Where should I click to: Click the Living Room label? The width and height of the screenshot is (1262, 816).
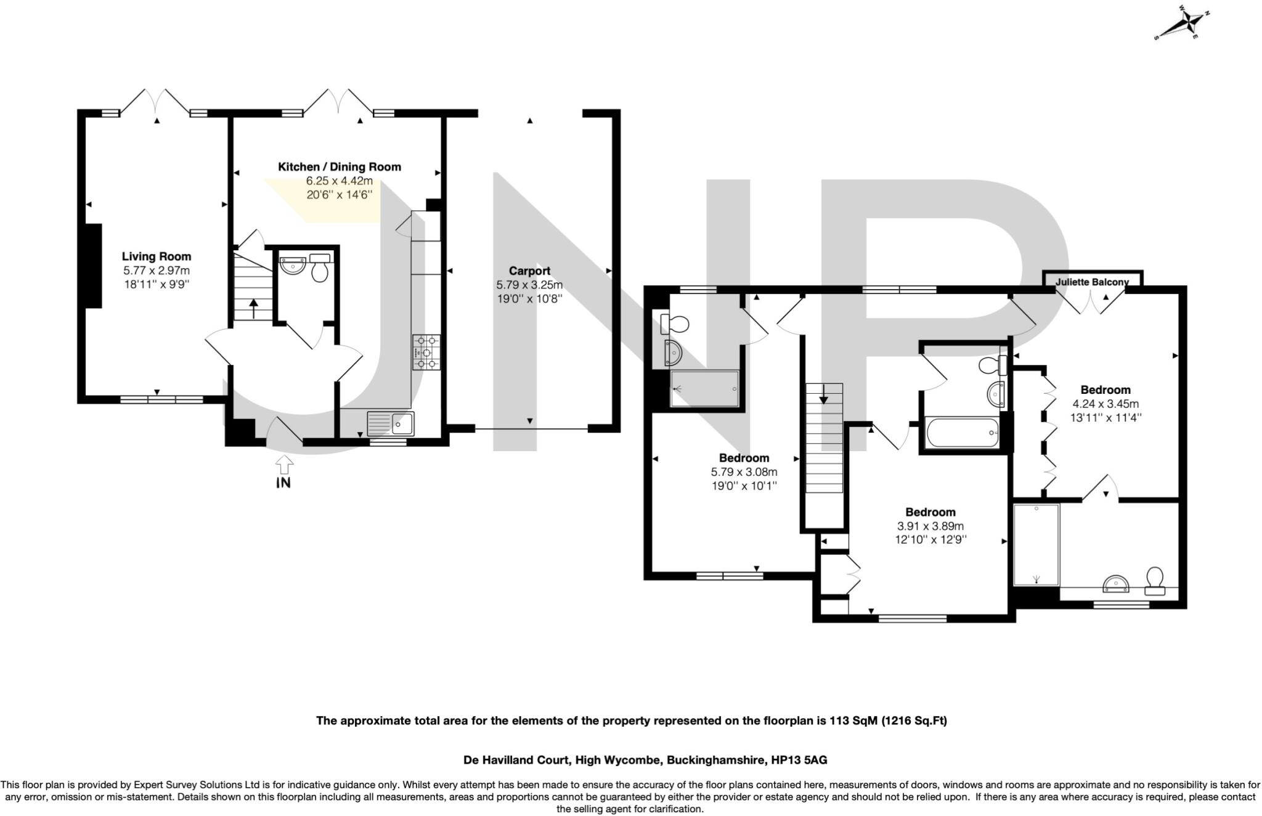156,256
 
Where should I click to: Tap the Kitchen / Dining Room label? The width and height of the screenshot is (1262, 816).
339,167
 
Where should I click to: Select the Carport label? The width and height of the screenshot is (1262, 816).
529,271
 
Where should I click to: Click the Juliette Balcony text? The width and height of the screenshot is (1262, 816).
1092,282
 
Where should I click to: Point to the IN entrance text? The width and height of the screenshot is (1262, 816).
283,483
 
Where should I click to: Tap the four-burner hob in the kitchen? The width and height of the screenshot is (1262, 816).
426,352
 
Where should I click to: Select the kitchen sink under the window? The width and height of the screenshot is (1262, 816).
391,424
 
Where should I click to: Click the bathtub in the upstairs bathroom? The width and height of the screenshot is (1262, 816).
961,432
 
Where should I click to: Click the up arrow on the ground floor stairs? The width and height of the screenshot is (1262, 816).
253,309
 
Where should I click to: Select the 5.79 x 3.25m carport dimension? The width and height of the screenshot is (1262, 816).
529,285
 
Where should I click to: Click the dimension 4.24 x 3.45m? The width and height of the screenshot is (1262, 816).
1105,404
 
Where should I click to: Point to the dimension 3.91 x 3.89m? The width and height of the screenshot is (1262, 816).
930,526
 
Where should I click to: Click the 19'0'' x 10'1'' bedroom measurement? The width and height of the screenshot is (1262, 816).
744,486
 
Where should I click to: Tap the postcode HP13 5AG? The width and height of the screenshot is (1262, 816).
799,761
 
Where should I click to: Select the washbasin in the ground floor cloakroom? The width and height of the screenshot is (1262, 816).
293,265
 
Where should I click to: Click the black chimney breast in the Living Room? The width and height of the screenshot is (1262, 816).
93,265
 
